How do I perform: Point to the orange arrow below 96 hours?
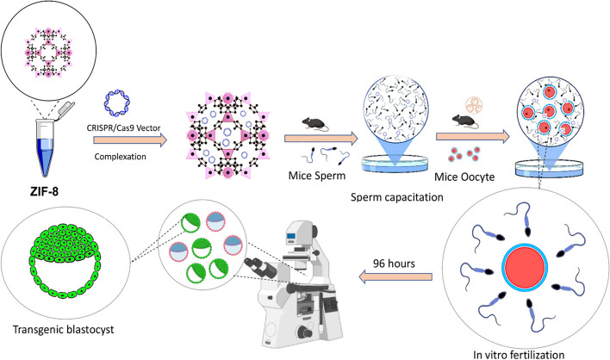point(393,276)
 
